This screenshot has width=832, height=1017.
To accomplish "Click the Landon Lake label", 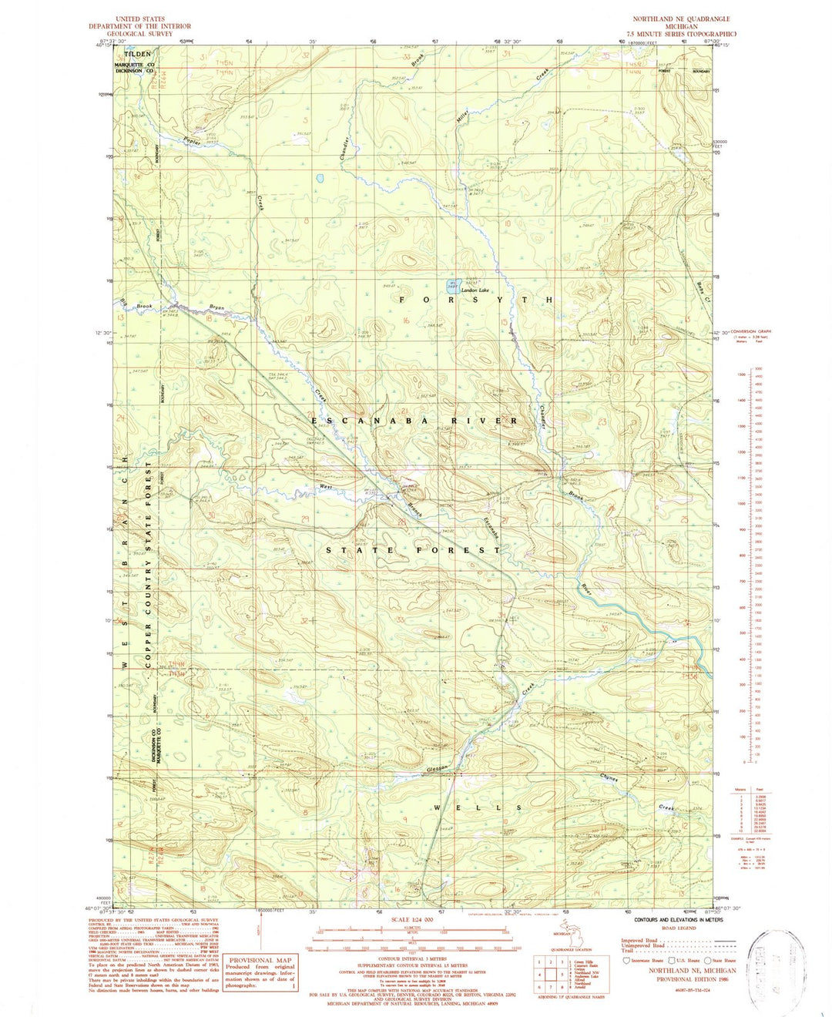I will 475,290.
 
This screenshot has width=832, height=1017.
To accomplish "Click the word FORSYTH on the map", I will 475,299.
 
